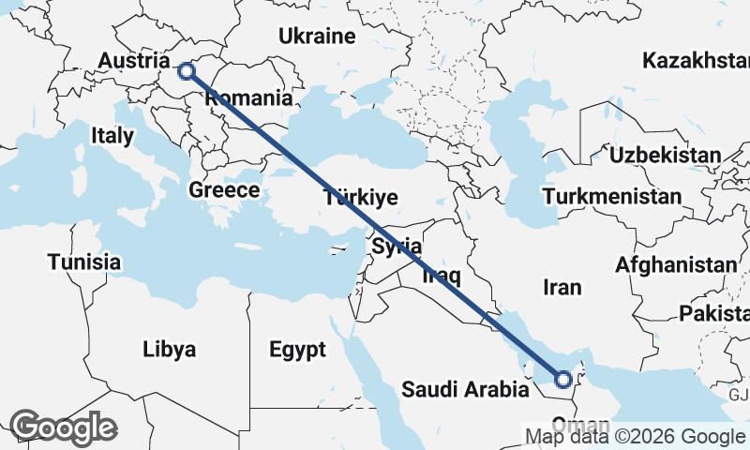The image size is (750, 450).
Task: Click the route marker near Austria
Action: click(x=187, y=70)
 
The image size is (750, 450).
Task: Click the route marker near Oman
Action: click(x=562, y=380)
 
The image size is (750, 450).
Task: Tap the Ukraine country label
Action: click(x=318, y=37)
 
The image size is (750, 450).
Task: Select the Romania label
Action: click(x=248, y=97)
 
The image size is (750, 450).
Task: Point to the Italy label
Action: click(x=112, y=135)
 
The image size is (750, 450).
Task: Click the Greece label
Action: click(x=224, y=189)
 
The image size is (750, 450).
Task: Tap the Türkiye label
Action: click(x=361, y=198)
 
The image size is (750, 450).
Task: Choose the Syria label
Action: click(x=397, y=247)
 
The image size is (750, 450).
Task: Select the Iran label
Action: click(x=562, y=287)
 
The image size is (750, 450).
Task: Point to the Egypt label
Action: click(x=297, y=351)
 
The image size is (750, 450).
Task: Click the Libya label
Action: click(x=170, y=350)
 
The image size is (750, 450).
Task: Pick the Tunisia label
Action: click(x=84, y=262)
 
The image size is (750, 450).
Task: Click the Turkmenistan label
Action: click(x=611, y=197)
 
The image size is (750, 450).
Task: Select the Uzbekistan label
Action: click(x=665, y=155)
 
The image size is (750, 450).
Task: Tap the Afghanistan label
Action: click(x=676, y=265)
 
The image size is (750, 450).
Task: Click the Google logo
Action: click(x=63, y=427)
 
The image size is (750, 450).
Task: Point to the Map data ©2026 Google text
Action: click(x=634, y=437)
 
